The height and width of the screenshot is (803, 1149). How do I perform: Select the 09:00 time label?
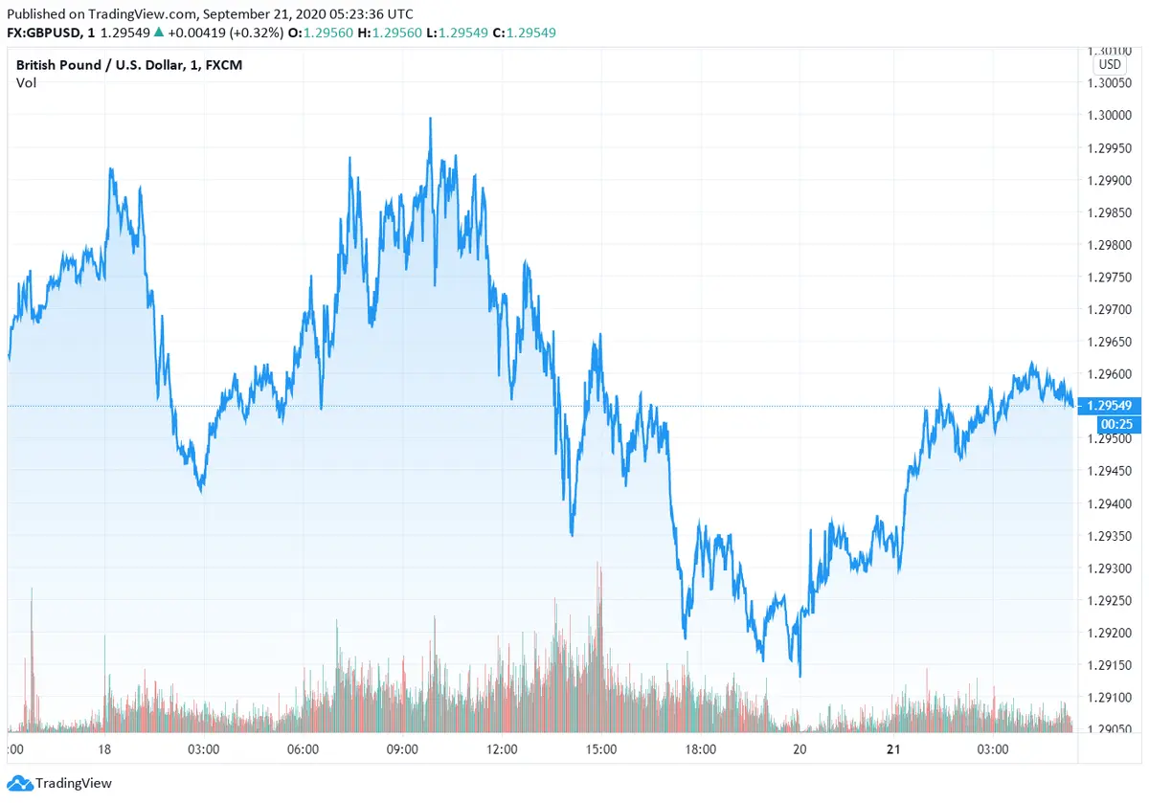[x=402, y=749]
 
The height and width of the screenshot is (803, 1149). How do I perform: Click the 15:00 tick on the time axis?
[x=601, y=749]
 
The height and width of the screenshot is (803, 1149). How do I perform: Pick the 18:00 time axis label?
[x=701, y=749]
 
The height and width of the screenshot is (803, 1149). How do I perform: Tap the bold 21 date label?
[x=893, y=749]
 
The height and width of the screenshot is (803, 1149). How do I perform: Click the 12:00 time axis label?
[x=502, y=749]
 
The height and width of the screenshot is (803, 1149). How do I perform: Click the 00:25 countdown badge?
[x=1111, y=423]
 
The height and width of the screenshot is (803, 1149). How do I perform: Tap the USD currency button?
[x=1110, y=64]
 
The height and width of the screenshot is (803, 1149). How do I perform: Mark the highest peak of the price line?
[x=431, y=118]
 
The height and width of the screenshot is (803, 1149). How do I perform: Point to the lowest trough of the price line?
[x=800, y=676]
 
